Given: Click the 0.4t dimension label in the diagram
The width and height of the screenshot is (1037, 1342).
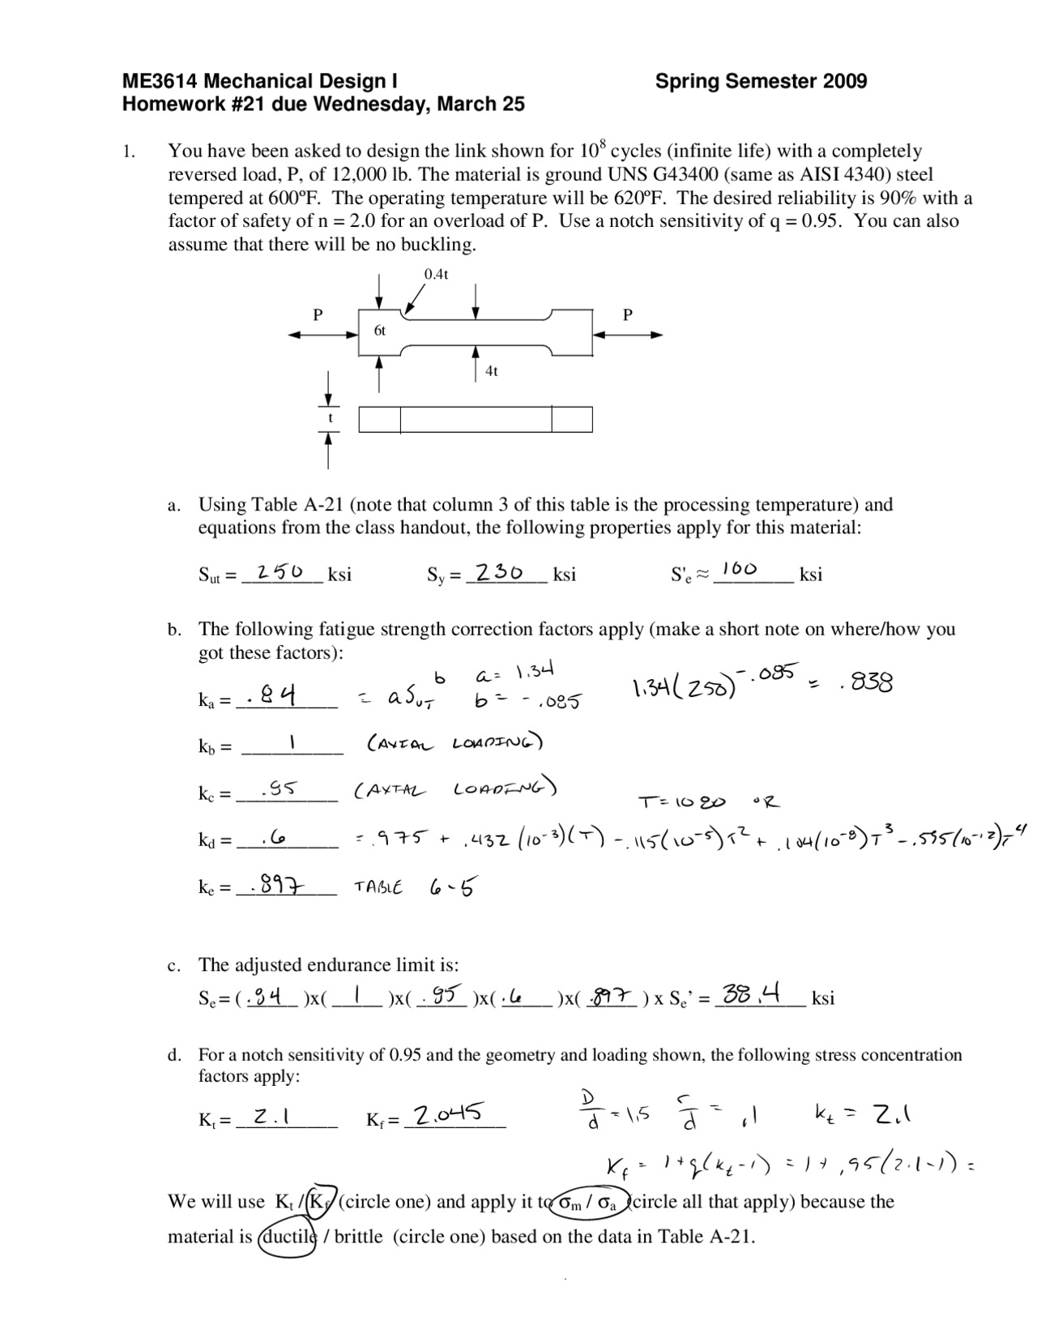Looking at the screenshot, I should [436, 274].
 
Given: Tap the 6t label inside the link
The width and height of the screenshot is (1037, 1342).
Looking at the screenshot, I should [379, 331].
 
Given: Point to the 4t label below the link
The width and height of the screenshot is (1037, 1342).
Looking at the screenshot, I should [491, 371].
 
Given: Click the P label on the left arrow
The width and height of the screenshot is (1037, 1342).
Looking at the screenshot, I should [318, 314].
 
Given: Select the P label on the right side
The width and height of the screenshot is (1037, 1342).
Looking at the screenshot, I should [627, 314].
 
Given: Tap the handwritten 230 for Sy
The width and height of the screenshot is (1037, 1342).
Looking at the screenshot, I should [499, 571].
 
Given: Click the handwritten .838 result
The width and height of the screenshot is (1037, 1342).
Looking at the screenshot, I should [866, 684].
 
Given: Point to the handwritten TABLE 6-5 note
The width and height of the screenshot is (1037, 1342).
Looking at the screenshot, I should [414, 887].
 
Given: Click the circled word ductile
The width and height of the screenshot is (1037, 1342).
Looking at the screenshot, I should [286, 1237].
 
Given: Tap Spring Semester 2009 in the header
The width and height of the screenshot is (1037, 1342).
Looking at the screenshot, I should [761, 81].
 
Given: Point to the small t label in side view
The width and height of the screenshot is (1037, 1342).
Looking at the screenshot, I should [330, 418].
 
